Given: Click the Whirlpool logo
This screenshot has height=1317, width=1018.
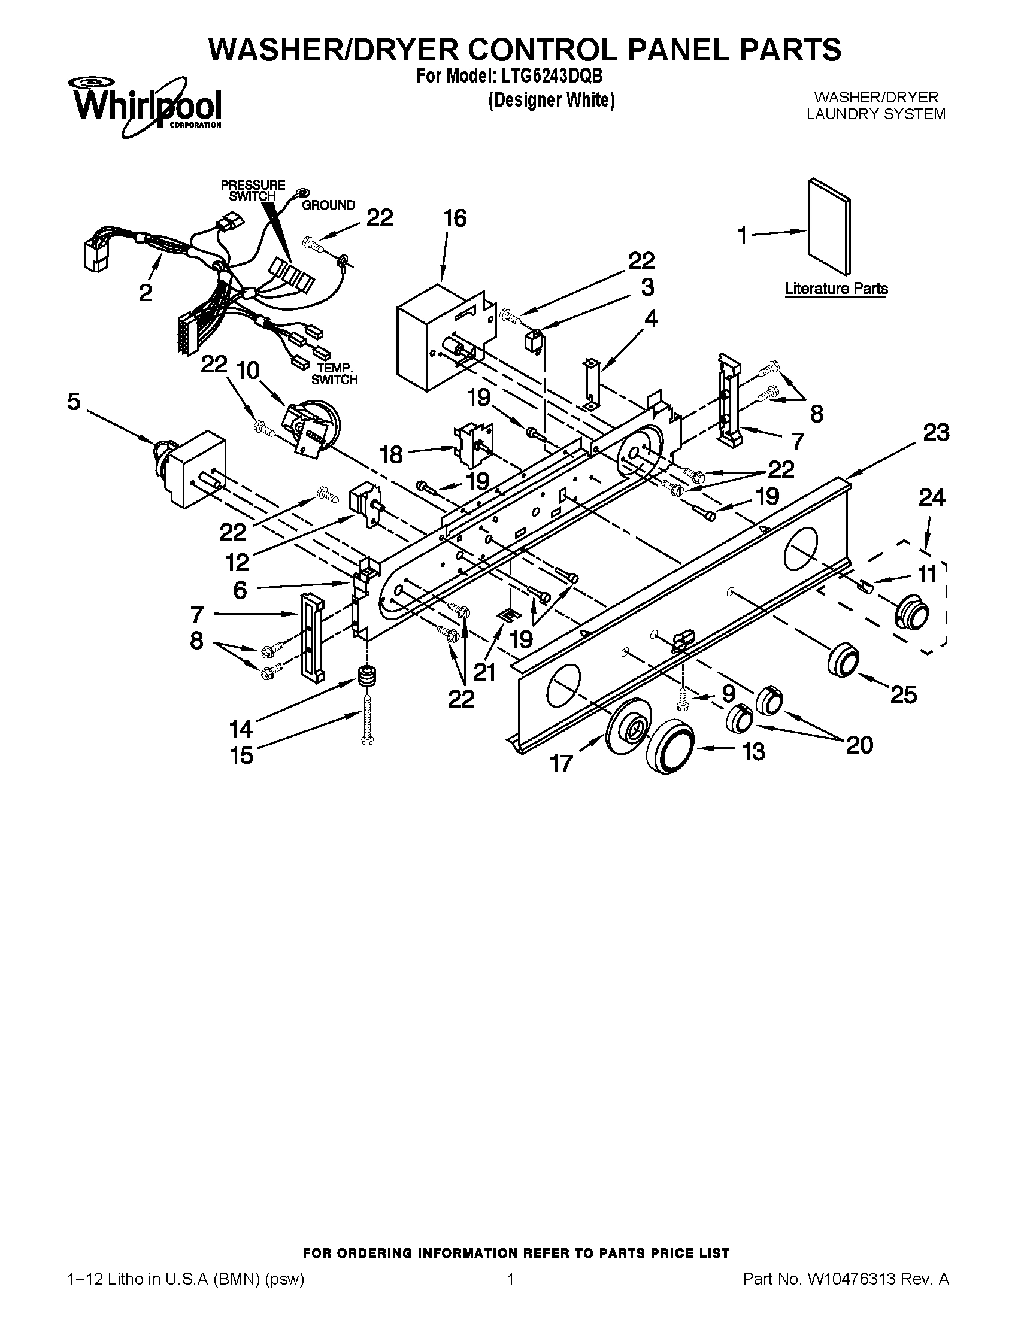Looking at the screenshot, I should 147,106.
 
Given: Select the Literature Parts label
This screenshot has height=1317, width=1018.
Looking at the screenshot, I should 836,289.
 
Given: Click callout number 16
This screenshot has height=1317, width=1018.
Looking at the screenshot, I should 455,219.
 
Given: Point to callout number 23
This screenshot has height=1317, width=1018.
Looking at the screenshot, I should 936,432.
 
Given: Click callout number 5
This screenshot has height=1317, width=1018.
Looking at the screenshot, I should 74,402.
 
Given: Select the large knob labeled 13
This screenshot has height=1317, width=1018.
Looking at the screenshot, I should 669,745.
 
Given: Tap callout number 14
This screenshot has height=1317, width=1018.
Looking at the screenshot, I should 241,729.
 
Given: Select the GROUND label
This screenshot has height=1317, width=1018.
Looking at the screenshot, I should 329,205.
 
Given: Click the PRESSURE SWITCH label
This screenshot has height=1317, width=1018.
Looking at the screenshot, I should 253,190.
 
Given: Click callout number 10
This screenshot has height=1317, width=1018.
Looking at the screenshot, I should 248,369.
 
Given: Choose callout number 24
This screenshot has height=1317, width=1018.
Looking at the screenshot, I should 932,497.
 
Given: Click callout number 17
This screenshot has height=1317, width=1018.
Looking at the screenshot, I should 561,764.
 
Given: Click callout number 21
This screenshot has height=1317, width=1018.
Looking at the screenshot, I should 484,672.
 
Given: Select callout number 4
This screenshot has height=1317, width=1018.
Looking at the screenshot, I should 650,318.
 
